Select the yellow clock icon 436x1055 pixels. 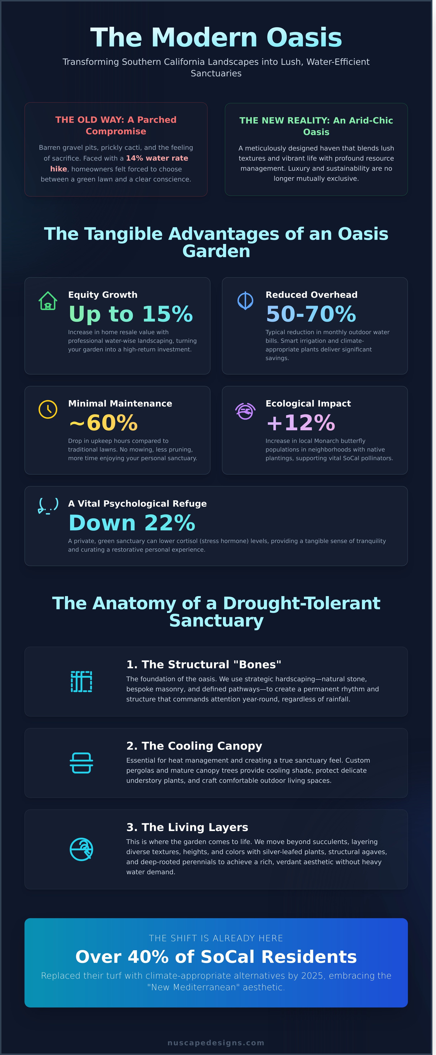[x=48, y=409]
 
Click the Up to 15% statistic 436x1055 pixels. [x=130, y=314]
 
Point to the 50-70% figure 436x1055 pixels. [x=311, y=314]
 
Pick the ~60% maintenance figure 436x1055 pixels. [x=103, y=423]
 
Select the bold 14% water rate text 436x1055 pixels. [x=157, y=158]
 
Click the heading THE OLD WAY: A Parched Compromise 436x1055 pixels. [x=116, y=125]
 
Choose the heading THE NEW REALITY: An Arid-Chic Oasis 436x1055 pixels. [x=316, y=126]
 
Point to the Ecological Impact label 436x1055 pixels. [x=308, y=403]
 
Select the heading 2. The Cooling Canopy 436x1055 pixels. [x=194, y=746]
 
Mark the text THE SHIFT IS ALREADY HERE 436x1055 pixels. [x=216, y=938]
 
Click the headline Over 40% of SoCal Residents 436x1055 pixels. [x=216, y=957]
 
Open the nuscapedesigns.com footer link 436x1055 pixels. [x=216, y=1043]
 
